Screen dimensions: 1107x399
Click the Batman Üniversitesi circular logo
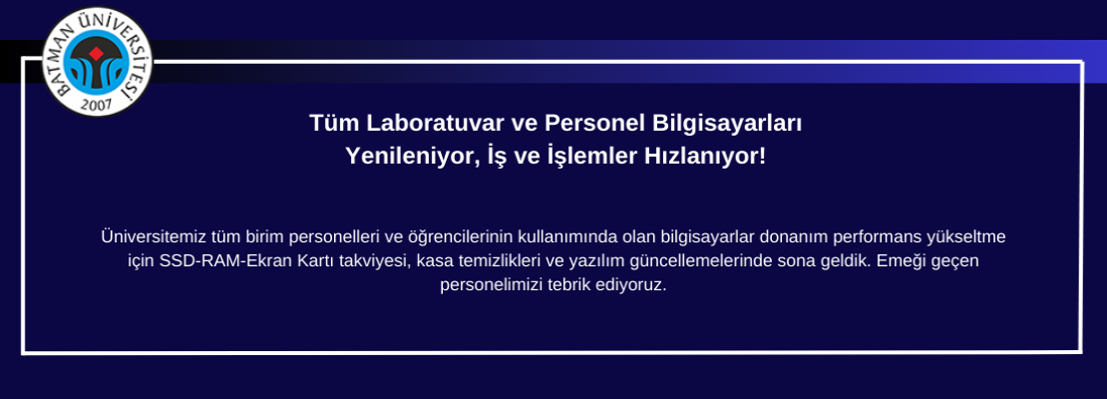coord(98,62)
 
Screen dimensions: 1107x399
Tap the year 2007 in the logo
coord(97,105)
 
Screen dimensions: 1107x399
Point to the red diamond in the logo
coord(97,54)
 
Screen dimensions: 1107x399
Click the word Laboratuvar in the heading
coord(431,123)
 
